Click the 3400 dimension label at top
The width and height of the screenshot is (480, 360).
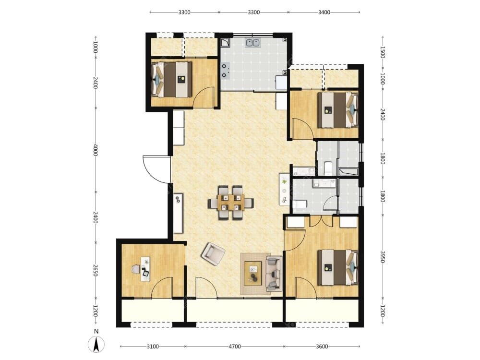click(x=324, y=12)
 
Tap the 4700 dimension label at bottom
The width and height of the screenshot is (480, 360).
click(x=235, y=347)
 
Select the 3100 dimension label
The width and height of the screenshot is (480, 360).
click(x=153, y=347)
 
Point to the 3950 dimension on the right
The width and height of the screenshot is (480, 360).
click(x=383, y=257)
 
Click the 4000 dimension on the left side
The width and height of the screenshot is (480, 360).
click(x=96, y=150)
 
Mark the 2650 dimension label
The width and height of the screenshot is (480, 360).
click(x=96, y=270)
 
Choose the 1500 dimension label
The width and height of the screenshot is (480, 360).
click(x=383, y=52)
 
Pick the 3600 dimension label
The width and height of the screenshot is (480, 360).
click(x=322, y=347)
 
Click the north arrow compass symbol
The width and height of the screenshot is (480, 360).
click(x=96, y=344)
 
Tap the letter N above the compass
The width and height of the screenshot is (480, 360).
click(x=96, y=331)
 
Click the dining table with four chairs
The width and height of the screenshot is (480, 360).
click(x=231, y=203)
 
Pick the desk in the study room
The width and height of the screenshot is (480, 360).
click(x=146, y=269)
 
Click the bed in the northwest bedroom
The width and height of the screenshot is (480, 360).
click(x=172, y=79)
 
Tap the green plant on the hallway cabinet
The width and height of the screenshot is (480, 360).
click(x=284, y=182)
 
